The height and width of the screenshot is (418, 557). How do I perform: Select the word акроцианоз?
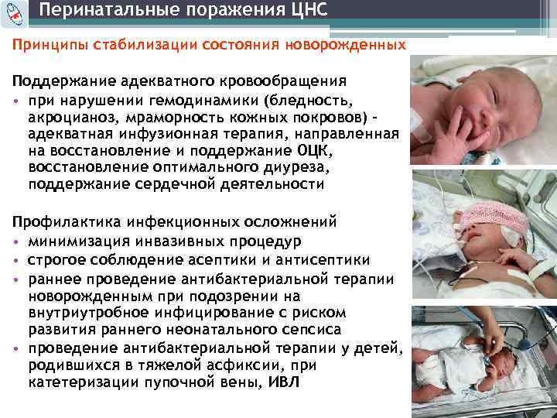click(70, 118)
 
